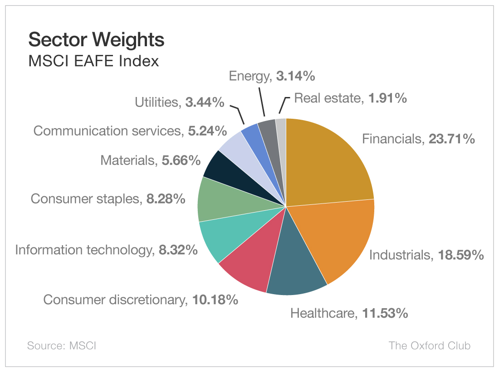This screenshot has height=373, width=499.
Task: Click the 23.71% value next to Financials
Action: pos(449,139)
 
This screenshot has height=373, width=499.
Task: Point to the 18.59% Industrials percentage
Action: pos(460,255)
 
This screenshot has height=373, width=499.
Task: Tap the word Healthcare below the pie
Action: pos(322,313)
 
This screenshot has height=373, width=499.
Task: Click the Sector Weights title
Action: pos(96,40)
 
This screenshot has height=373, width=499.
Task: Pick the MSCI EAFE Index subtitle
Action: pos(93,61)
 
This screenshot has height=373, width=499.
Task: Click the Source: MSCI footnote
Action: pos(62,346)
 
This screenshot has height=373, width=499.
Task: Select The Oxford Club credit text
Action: pos(429,346)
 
